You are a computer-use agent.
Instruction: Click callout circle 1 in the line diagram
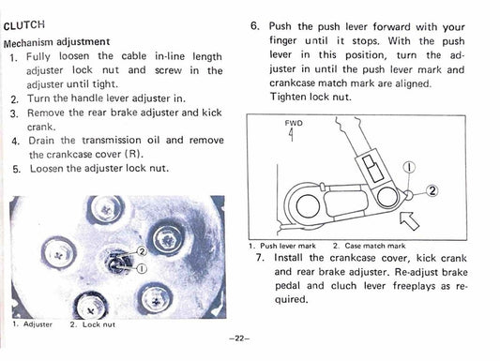click(x=409, y=170)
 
